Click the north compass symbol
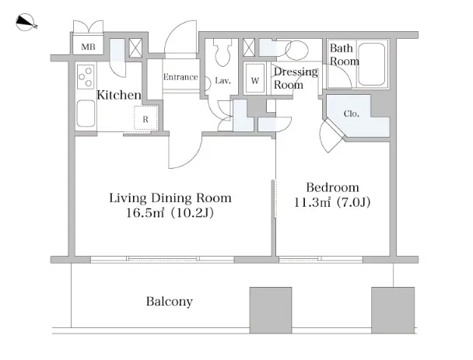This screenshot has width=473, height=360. click(26, 23)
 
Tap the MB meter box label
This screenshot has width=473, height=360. click(88, 47)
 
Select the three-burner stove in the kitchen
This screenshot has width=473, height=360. click(86, 77)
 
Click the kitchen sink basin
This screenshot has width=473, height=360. click(86, 114)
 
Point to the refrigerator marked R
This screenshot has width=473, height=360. click(145, 118)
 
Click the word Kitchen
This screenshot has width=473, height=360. click(119, 95)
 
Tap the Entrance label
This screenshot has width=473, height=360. click(180, 77)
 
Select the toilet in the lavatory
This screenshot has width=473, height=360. click(223, 52)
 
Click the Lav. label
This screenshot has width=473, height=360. click(223, 81)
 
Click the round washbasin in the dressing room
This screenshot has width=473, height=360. click(296, 50)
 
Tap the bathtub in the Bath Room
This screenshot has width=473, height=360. click(371, 65)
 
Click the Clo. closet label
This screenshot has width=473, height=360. click(352, 114)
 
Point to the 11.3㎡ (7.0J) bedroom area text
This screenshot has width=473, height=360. click(332, 202)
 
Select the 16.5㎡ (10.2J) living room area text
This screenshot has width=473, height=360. click(170, 212)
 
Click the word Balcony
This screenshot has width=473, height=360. click(170, 301)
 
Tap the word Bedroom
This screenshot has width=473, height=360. click(332, 187)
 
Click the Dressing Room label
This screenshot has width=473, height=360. click(296, 78)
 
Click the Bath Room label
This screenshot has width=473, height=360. click(344, 54)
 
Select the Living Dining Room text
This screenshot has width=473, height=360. click(170, 197)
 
